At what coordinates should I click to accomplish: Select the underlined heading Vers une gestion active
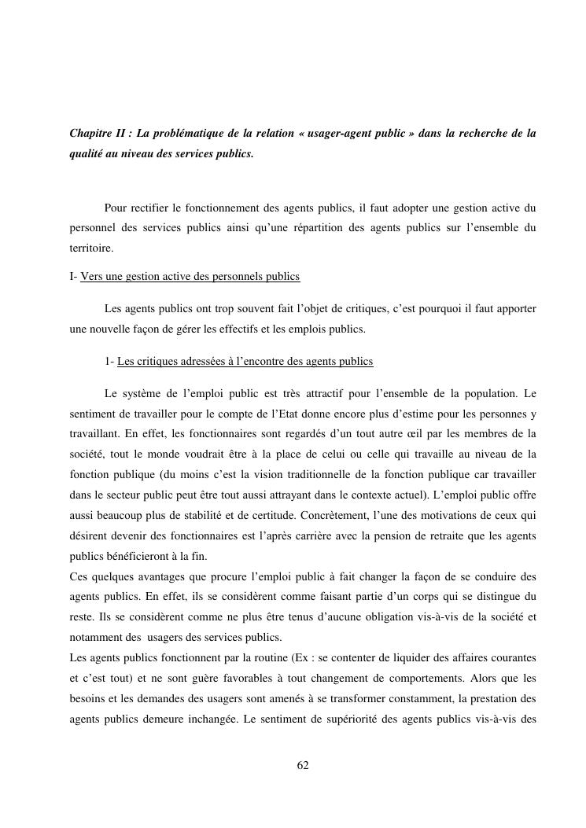tap(190, 277)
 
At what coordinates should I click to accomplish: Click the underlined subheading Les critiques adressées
tap(245, 361)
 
